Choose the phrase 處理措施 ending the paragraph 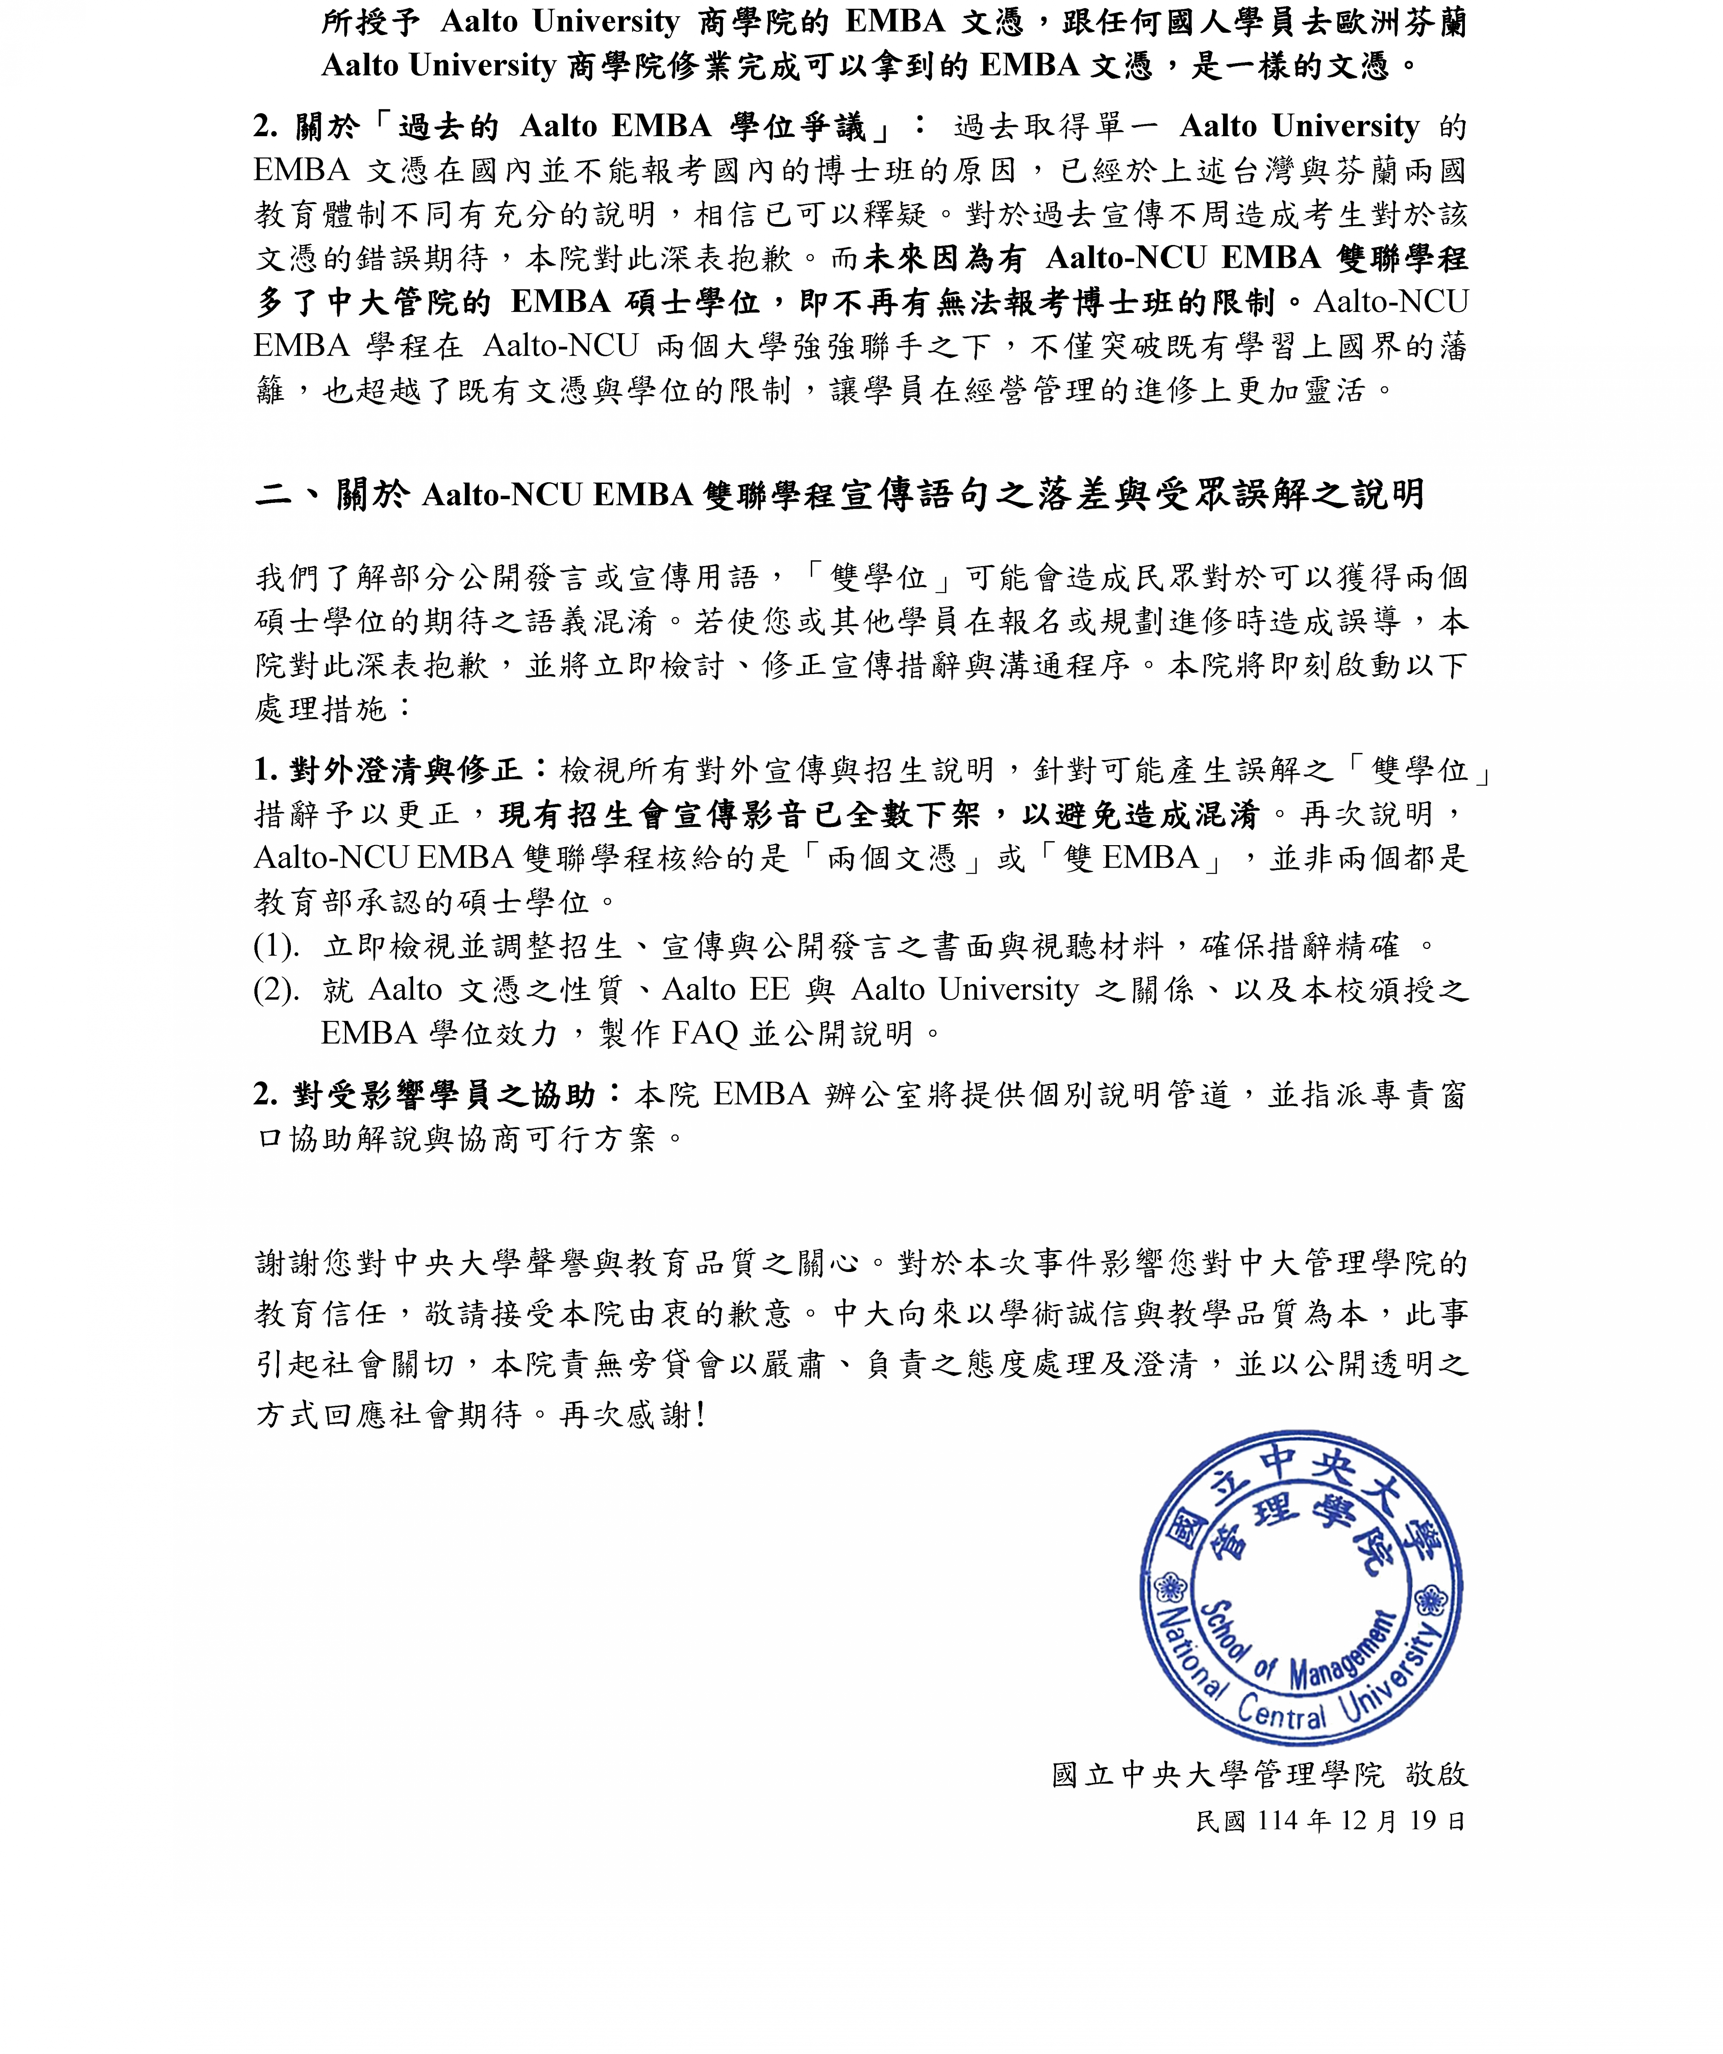tap(322, 709)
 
